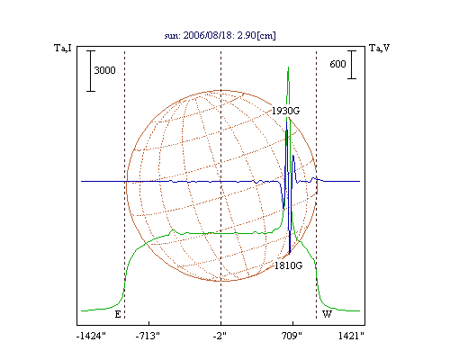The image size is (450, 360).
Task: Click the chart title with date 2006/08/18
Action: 220,35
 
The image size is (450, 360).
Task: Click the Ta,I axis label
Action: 63,48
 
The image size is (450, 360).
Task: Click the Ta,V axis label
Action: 379,48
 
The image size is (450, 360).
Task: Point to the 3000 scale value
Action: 104,70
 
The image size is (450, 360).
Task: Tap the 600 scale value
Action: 337,64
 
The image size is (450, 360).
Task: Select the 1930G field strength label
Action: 285,111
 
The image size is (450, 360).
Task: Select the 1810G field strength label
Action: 289,265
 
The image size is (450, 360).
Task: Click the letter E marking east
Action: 118,314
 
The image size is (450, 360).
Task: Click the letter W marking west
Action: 327,314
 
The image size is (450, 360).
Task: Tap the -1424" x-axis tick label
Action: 91,336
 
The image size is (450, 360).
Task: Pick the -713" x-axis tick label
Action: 148,336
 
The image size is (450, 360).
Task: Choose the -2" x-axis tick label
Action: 220,336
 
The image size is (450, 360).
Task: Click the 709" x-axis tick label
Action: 292,336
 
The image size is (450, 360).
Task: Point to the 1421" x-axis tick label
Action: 351,336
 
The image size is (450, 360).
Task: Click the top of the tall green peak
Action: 288,67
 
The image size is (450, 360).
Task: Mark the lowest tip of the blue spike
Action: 290,254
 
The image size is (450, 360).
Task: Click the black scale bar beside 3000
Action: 91,71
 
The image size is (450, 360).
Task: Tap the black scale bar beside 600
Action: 352,65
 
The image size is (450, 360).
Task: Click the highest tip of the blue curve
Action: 287,121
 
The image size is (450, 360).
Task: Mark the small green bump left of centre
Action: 173,230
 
